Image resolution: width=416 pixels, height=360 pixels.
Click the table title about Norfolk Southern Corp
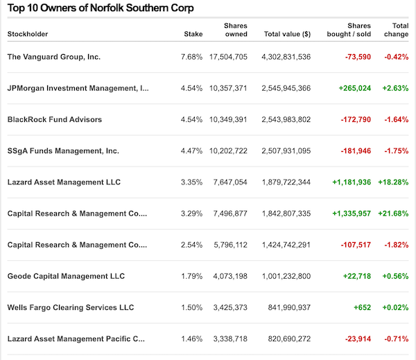click(x=100, y=8)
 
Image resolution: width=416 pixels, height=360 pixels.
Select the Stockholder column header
click(x=28, y=33)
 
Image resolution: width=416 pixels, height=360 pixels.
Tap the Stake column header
click(x=193, y=33)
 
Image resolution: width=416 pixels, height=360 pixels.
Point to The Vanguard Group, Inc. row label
click(x=53, y=56)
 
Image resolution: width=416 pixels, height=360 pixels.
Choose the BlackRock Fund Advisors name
click(x=54, y=119)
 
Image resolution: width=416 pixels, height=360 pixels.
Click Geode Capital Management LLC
click(x=66, y=276)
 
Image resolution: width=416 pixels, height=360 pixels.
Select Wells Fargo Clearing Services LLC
click(x=70, y=307)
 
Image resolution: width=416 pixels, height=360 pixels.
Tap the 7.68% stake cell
click(x=191, y=56)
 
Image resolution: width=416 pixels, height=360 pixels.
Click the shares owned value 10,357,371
click(x=228, y=88)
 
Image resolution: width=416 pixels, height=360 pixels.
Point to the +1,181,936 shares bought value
click(x=352, y=182)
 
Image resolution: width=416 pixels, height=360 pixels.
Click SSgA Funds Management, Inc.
click(x=63, y=151)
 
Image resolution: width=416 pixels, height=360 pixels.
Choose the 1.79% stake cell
click(x=191, y=276)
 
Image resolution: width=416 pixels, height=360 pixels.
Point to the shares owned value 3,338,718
click(x=228, y=338)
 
